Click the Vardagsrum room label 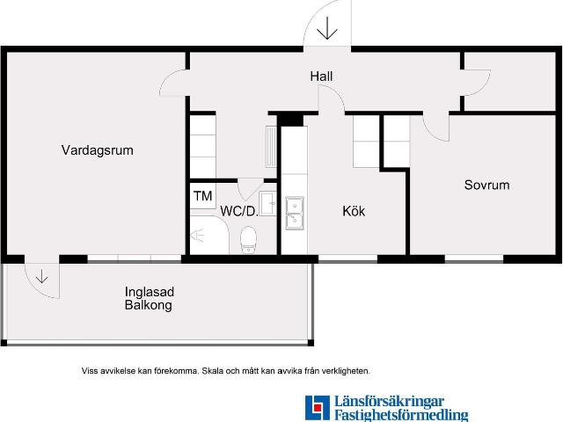(97, 150)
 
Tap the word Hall (321, 77)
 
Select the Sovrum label (486, 186)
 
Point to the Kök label (354, 212)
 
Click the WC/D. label (238, 212)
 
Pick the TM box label (202, 196)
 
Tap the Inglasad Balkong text (148, 299)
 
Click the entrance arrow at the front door (327, 29)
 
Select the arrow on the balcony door (41, 277)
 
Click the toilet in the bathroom (249, 237)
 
